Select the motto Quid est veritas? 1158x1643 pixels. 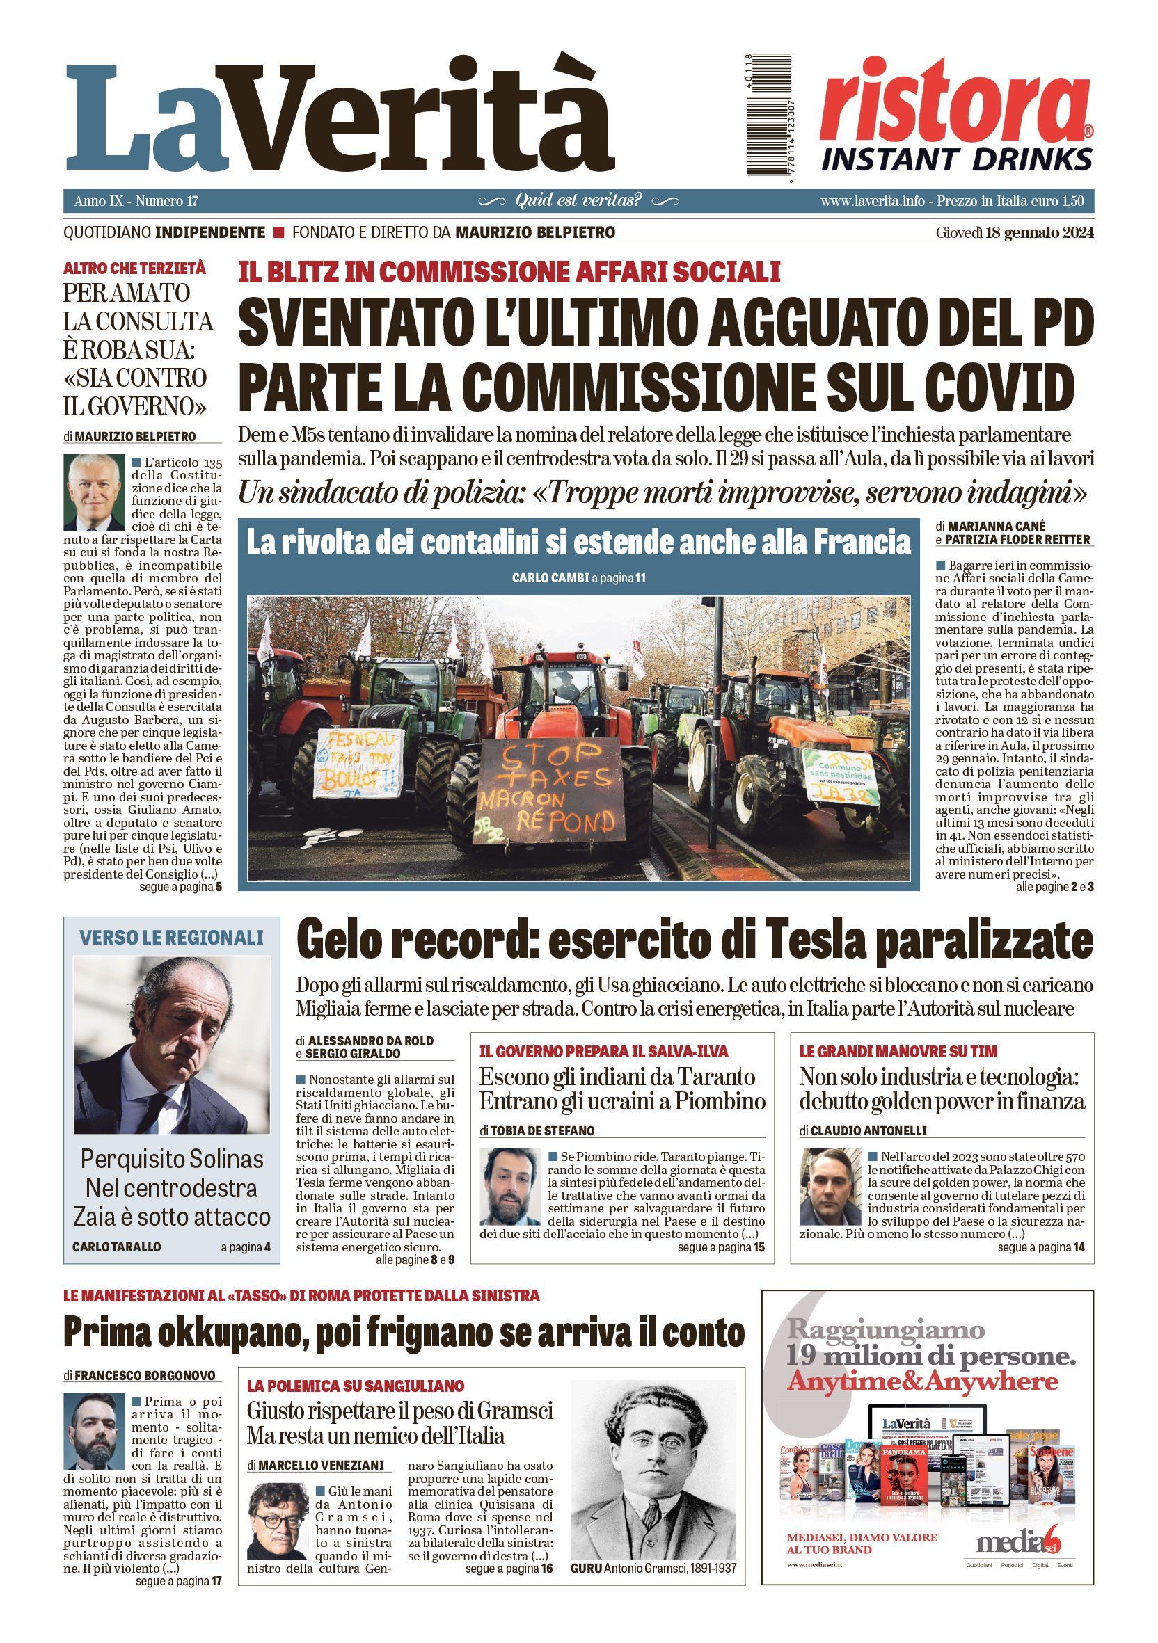click(578, 200)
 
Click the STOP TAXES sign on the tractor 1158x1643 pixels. click(550, 789)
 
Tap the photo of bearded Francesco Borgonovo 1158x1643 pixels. click(94, 1431)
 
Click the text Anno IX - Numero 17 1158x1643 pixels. click(136, 201)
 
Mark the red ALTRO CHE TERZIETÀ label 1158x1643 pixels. click(134, 269)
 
